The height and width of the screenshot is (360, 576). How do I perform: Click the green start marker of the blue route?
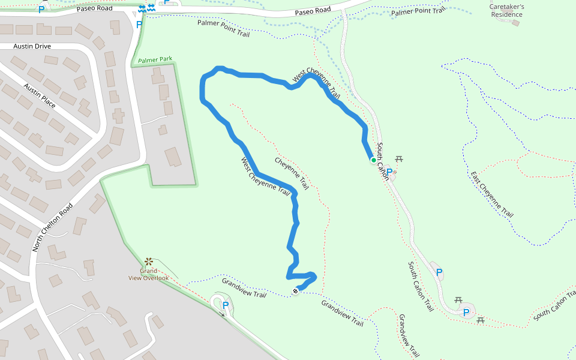pyautogui.click(x=373, y=160)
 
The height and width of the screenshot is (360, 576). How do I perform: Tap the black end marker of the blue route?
pyautogui.click(x=295, y=291)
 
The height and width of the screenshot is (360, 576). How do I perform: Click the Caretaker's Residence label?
pyautogui.click(x=507, y=10)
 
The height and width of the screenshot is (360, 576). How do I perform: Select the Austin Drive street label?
pyautogui.click(x=33, y=46)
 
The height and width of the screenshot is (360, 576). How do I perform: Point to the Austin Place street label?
pyautogui.click(x=40, y=96)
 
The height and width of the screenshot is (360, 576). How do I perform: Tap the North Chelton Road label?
pyautogui.click(x=53, y=226)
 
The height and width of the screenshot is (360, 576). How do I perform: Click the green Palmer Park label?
pyautogui.click(x=155, y=59)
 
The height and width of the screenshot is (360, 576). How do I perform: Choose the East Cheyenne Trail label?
pyautogui.click(x=492, y=194)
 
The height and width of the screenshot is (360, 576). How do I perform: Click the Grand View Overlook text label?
pyautogui.click(x=148, y=274)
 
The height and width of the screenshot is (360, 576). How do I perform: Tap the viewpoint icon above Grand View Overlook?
pyautogui.click(x=148, y=262)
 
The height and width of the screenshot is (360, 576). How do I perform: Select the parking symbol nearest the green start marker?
pyautogui.click(x=389, y=172)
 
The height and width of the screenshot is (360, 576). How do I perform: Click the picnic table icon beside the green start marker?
pyautogui.click(x=400, y=159)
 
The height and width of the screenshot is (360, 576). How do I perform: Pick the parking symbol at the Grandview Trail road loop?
pyautogui.click(x=226, y=305)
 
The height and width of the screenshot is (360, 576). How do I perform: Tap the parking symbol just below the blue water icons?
pyautogui.click(x=139, y=25)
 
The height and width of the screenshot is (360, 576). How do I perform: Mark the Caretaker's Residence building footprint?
pyautogui.click(x=515, y=23)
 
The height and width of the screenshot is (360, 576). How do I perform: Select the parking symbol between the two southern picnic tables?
pyautogui.click(x=466, y=312)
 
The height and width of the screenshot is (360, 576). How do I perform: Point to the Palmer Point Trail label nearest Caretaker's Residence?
pyautogui.click(x=418, y=11)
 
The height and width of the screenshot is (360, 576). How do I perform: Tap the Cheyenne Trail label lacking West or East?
pyautogui.click(x=292, y=174)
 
